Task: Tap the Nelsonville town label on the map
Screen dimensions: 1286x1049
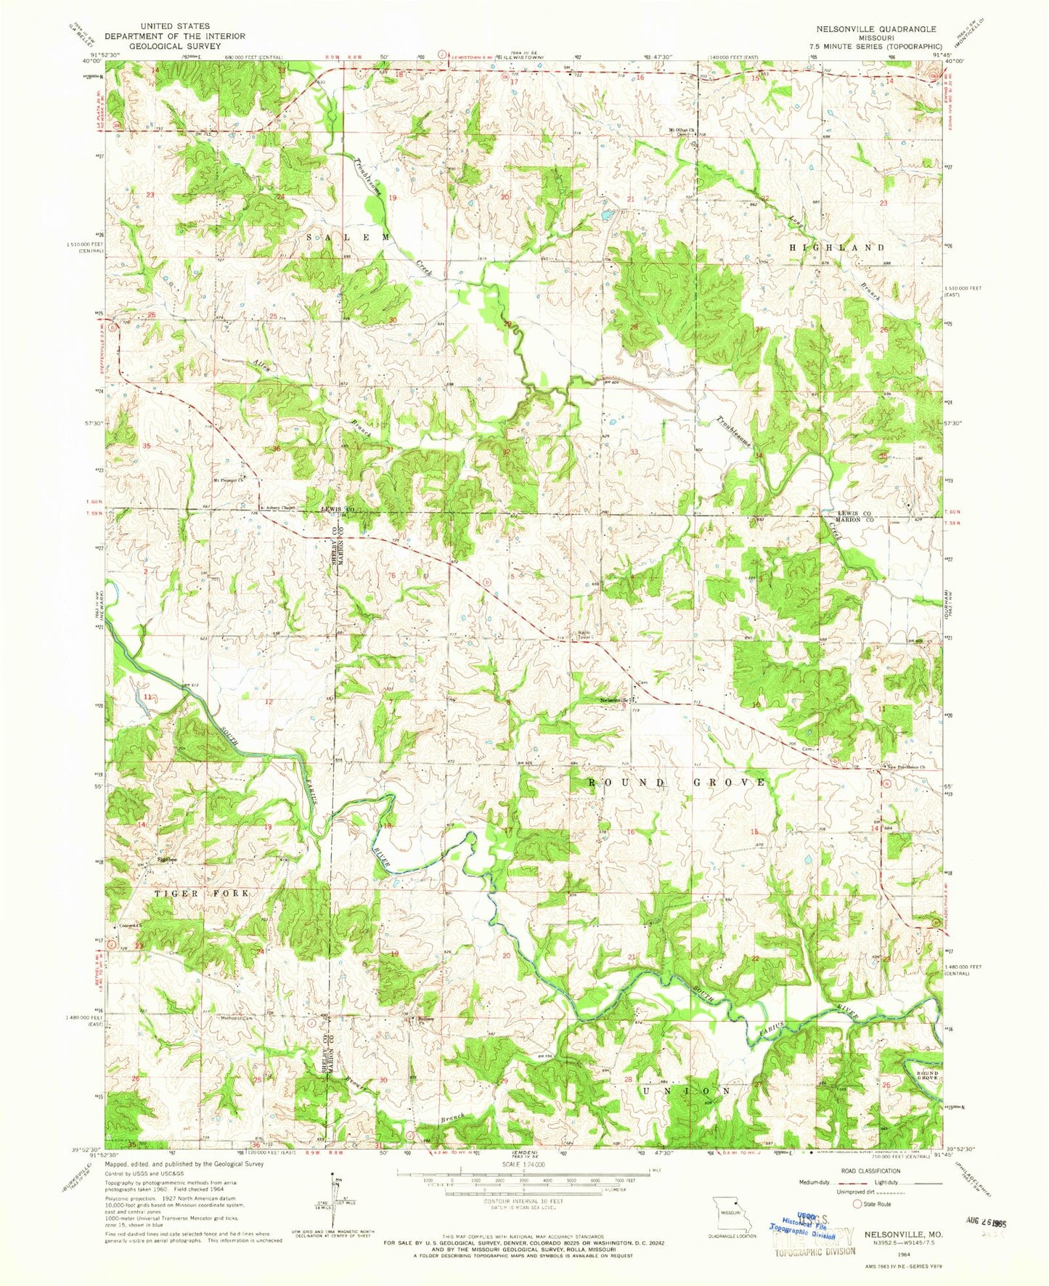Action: click(x=613, y=700)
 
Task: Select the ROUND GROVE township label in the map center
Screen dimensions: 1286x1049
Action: click(x=677, y=782)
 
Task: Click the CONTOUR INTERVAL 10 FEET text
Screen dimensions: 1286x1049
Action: click(x=522, y=1201)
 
